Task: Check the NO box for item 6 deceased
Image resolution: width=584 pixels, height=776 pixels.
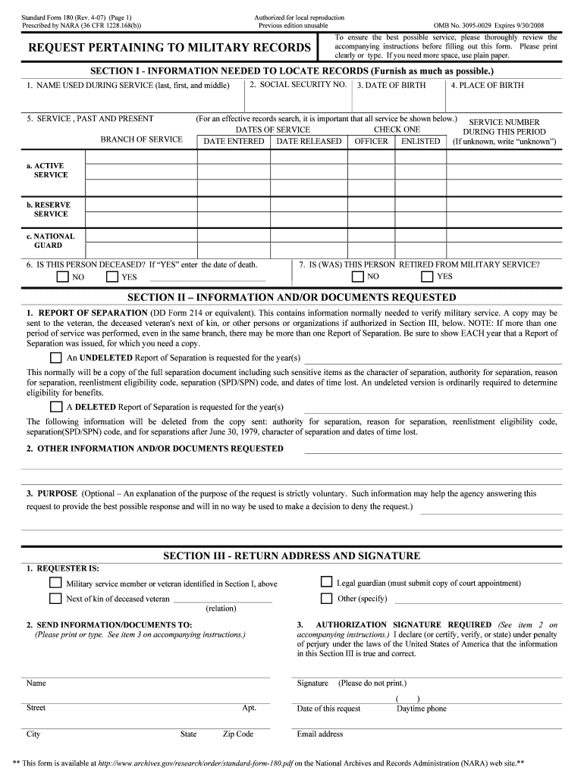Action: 62,277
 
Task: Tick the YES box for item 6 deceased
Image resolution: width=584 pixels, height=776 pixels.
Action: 112,277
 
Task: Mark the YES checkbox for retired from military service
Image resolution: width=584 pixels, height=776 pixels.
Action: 427,277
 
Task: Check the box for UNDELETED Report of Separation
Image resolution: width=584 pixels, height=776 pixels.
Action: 56,358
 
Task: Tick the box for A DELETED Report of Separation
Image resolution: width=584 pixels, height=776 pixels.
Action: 56,406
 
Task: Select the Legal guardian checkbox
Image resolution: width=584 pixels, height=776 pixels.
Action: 326,583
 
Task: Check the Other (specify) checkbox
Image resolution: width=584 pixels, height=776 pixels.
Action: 326,599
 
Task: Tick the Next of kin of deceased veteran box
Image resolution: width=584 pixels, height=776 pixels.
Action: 55,599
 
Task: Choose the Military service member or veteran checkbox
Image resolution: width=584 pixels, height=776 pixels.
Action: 55,583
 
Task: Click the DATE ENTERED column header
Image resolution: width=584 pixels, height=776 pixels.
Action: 234,142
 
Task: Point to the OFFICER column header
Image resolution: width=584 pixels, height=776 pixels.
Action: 372,142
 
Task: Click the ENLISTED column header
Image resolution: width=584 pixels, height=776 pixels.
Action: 420,142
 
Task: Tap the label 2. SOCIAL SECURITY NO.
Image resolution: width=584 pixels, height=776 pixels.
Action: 298,85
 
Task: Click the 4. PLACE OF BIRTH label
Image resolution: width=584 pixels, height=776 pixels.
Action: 487,86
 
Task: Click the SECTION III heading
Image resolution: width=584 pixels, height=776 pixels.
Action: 291,556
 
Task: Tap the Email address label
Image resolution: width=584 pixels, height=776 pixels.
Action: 320,734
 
